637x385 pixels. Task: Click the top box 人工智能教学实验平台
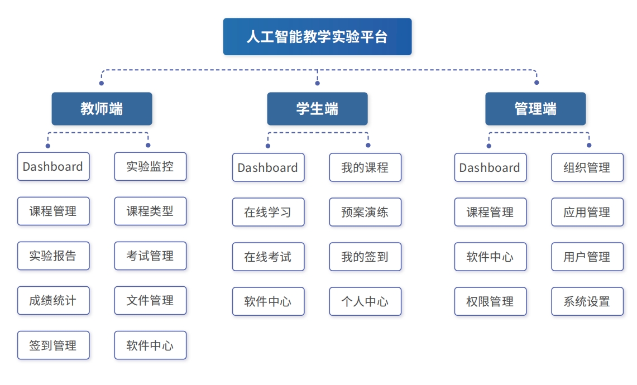317,37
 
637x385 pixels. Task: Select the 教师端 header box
102,109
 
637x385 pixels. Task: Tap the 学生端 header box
317,109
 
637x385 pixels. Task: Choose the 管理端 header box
535,109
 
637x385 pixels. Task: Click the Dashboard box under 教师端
53,167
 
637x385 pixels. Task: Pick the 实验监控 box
150,167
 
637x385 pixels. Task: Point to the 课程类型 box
150,211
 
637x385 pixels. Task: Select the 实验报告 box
53,256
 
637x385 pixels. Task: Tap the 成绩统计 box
53,301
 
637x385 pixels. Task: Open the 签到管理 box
53,345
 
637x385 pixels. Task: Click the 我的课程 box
365,168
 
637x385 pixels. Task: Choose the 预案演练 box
365,213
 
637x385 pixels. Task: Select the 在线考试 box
268,257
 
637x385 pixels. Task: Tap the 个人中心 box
365,302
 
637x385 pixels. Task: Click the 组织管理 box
587,168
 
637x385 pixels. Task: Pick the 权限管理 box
490,302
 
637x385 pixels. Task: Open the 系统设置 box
587,302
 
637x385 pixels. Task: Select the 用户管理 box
587,257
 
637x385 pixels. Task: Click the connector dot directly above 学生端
317,83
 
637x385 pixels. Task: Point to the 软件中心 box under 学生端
268,302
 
